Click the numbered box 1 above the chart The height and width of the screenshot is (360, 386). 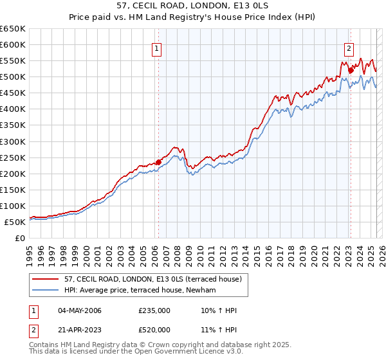157,48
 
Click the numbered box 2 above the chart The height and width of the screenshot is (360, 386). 349,48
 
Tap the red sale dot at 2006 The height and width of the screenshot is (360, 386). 158,162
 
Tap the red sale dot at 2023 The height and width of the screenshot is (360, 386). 351,70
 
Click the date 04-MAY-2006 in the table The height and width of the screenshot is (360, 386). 79,310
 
